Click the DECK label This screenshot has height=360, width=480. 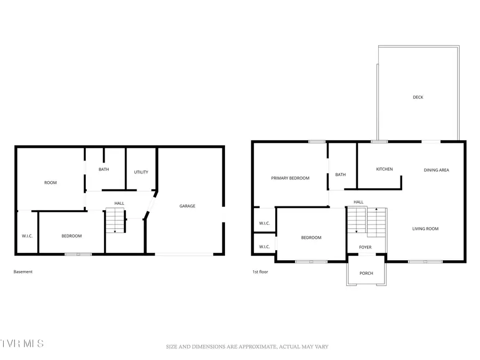pos(418,97)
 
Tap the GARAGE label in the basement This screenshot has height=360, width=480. pos(187,206)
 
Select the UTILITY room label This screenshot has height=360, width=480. pos(141,172)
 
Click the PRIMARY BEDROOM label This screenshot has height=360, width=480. pos(290,178)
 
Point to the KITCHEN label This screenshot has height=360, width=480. pos(384,169)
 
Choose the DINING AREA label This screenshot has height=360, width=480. pos(436,170)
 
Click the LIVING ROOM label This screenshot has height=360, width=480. pos(425,229)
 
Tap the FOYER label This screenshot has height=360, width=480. pos(365,247)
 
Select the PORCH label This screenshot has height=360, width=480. pos(366,273)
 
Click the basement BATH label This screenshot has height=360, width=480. pos(103,170)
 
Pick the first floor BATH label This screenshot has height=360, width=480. pos(340,174)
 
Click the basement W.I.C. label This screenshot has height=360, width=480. pos(27,236)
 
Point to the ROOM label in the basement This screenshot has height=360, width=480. pos(50,183)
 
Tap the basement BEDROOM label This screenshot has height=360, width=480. pos(71,236)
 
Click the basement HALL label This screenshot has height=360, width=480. pos(119,203)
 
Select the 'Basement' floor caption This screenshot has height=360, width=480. pos(23,271)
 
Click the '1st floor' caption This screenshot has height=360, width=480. pos(260,271)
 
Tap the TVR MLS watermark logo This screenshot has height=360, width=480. pos(22,343)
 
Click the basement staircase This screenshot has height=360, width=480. pos(114,221)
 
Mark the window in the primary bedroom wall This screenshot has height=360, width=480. pos(317,141)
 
